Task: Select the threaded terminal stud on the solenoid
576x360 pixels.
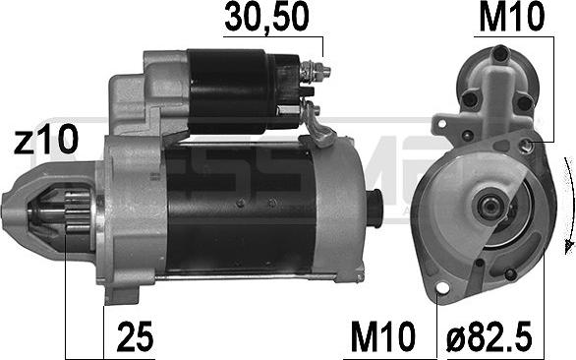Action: [318, 71]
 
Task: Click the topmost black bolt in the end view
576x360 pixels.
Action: [501, 53]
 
